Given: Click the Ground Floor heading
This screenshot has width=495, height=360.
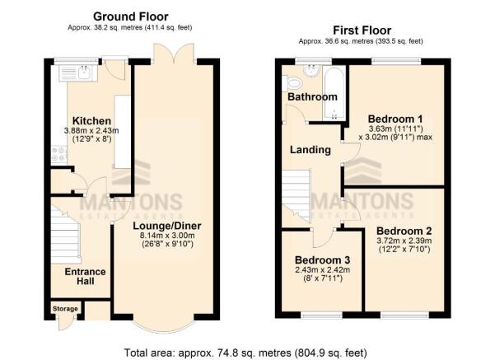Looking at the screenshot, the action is pyautogui.click(x=131, y=16).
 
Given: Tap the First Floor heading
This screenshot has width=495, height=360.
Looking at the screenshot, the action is pyautogui.click(x=362, y=30).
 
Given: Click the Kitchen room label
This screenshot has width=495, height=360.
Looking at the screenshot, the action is pyautogui.click(x=91, y=120).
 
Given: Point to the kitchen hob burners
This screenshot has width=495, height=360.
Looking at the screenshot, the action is pyautogui.click(x=59, y=154).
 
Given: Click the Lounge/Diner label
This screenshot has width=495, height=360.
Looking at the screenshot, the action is pyautogui.click(x=167, y=226).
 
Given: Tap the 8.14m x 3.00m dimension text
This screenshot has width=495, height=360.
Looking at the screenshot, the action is pyautogui.click(x=167, y=236).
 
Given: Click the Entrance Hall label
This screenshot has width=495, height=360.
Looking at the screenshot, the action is pyautogui.click(x=85, y=276).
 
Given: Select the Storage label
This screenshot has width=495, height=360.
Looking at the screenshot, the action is pyautogui.click(x=65, y=309).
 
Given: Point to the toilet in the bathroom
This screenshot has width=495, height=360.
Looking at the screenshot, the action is pyautogui.click(x=292, y=83).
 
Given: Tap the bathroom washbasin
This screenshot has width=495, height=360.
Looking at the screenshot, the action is pyautogui.click(x=312, y=70).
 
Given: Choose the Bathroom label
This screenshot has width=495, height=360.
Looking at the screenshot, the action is pyautogui.click(x=312, y=96).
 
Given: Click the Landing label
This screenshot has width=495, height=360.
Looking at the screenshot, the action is pyautogui.click(x=311, y=150).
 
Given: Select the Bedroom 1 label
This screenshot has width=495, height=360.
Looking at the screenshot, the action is pyautogui.click(x=395, y=119).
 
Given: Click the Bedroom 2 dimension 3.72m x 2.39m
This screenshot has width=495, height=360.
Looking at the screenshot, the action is pyautogui.click(x=404, y=241).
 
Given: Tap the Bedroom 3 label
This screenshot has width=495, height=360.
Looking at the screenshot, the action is pyautogui.click(x=322, y=260).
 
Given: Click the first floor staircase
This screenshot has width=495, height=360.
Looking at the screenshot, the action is pyautogui.click(x=297, y=196).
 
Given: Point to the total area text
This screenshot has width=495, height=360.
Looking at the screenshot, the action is pyautogui.click(x=245, y=353).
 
